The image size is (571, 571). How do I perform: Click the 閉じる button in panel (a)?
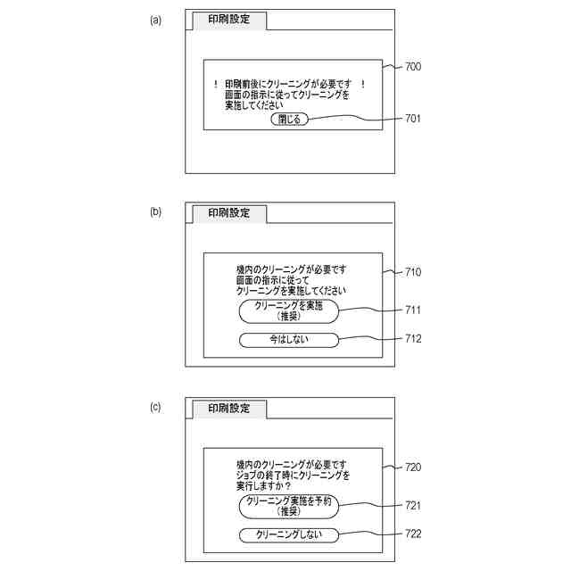(x=289, y=119)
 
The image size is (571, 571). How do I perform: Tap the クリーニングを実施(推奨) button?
(x=288, y=310)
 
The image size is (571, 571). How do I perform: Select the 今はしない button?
(x=289, y=339)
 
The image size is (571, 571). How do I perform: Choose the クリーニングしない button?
(x=289, y=534)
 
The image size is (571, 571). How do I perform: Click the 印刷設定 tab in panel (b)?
(x=229, y=213)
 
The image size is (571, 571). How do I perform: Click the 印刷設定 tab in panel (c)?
(x=229, y=409)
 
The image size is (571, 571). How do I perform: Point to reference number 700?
(x=413, y=67)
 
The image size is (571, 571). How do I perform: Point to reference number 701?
(x=413, y=119)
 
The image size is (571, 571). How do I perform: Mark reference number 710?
(x=413, y=271)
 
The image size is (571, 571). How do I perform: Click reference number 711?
(x=413, y=310)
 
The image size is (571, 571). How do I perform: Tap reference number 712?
(x=413, y=339)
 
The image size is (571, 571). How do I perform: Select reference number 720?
(x=413, y=467)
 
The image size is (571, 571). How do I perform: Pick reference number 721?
(x=413, y=506)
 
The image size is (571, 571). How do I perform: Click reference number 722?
(x=413, y=534)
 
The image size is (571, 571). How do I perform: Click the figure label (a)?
(x=155, y=20)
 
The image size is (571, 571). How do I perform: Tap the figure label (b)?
(x=155, y=212)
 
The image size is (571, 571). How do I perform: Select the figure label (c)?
(x=155, y=407)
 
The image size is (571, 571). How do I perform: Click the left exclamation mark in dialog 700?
(x=216, y=85)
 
